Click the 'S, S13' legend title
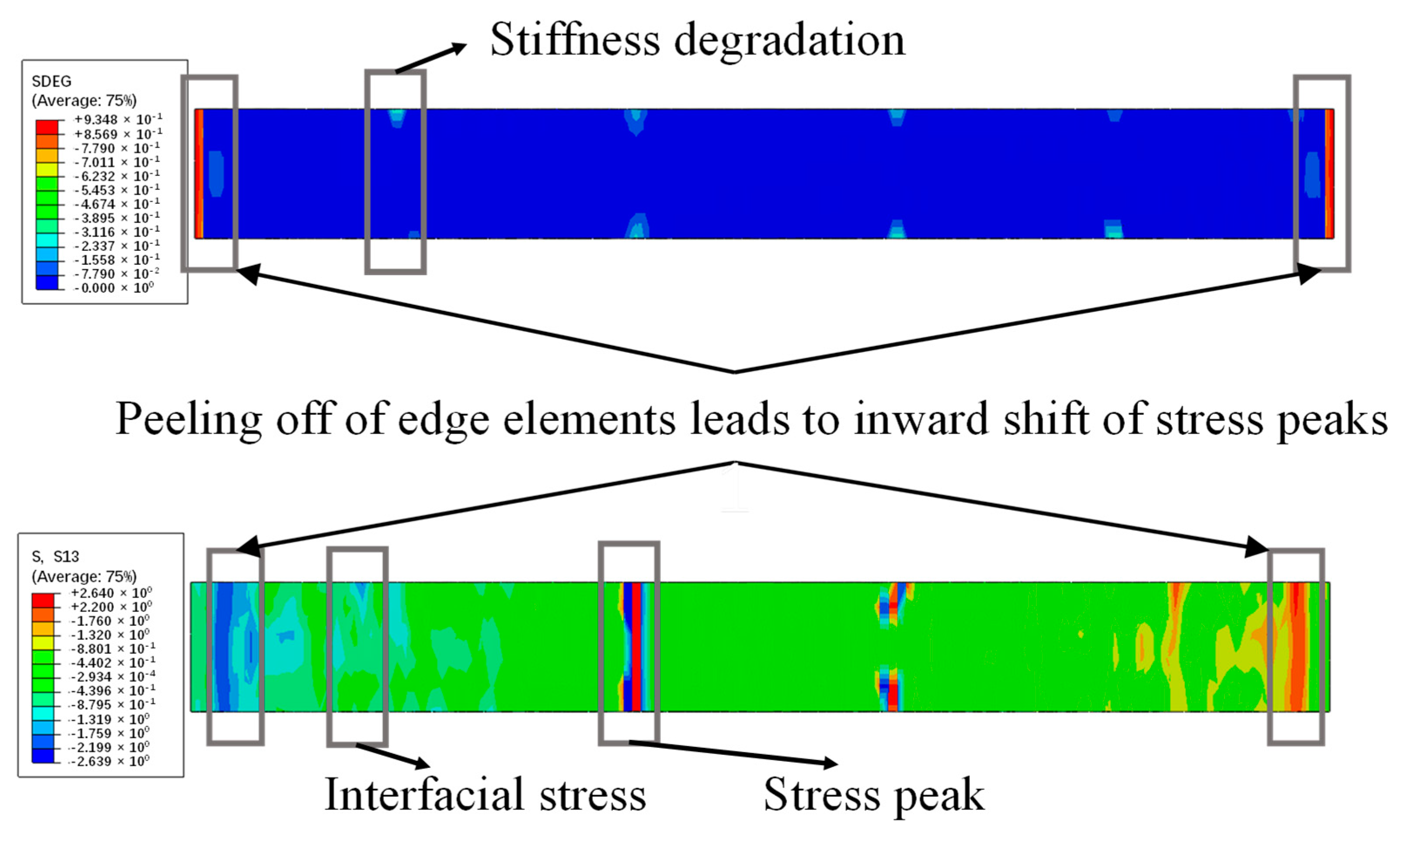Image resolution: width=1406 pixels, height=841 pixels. pos(55,557)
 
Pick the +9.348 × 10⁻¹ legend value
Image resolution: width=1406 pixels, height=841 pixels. pos(118,120)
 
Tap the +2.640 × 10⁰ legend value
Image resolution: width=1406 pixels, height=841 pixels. pos(111,593)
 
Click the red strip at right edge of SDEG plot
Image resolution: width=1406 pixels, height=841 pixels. pos(1329,173)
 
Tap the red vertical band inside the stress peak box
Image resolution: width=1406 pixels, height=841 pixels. pos(636,647)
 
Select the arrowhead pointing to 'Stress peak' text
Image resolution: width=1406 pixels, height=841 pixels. pos(830,763)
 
